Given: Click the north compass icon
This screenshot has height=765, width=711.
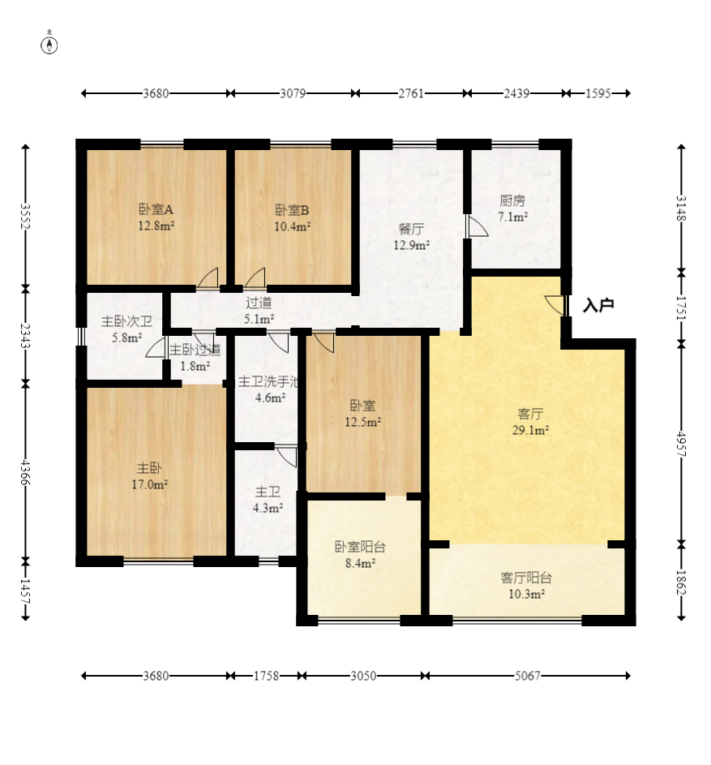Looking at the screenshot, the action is pyautogui.click(x=49, y=44).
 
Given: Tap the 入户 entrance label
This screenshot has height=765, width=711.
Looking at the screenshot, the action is pyautogui.click(x=598, y=305).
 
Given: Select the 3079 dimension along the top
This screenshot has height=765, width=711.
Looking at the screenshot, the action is pyautogui.click(x=293, y=93).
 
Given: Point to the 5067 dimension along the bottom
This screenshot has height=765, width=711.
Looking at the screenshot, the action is pyautogui.click(x=528, y=676).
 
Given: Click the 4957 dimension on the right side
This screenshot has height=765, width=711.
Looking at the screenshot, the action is pyautogui.click(x=681, y=444).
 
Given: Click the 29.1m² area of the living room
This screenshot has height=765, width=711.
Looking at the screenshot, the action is pyautogui.click(x=530, y=430).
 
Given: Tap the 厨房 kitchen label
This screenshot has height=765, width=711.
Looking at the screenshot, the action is pyautogui.click(x=512, y=200).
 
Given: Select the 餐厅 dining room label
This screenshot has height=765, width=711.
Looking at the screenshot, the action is pyautogui.click(x=411, y=228).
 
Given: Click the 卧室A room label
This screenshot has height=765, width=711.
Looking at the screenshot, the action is pyautogui.click(x=156, y=209).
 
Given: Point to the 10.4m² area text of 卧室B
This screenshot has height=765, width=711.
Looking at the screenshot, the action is pyautogui.click(x=293, y=226).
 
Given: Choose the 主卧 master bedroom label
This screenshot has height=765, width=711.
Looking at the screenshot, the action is pyautogui.click(x=149, y=468).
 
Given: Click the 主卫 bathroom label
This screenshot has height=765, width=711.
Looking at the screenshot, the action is pyautogui.click(x=268, y=492).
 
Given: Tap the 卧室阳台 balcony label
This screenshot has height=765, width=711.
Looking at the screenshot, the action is pyautogui.click(x=361, y=547).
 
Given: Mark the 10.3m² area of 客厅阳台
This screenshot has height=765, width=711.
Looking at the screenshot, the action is pyautogui.click(x=527, y=594).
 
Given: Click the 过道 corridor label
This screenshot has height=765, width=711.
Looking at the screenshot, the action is pyautogui.click(x=259, y=303).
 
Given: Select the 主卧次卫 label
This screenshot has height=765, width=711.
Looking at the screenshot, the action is pyautogui.click(x=126, y=321).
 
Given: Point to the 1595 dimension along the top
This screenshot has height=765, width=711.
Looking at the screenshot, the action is pyautogui.click(x=597, y=93).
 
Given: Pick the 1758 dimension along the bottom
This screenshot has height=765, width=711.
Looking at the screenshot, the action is pyautogui.click(x=266, y=676).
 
